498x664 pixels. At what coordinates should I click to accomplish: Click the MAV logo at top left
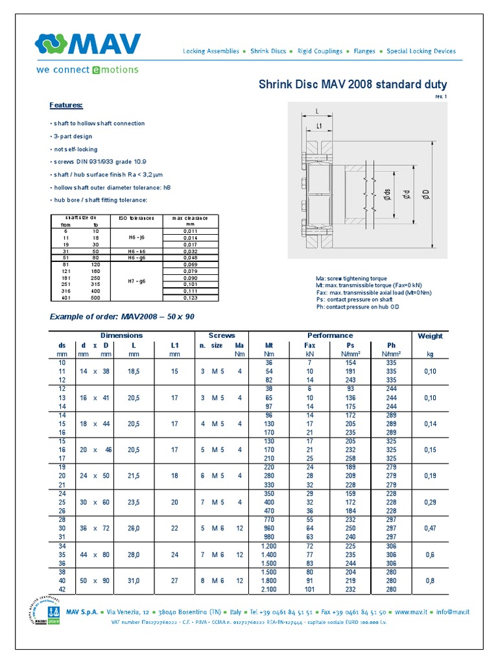click(x=88, y=45)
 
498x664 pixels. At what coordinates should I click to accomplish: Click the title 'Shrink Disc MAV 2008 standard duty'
click(x=353, y=85)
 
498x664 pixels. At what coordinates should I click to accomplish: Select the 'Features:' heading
click(x=66, y=105)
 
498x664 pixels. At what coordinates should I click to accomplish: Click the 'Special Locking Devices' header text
click(x=421, y=51)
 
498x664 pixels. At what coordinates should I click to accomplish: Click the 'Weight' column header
click(x=430, y=336)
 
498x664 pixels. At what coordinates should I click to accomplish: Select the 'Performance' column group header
click(x=330, y=335)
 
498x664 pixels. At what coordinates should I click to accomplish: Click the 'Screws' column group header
click(x=221, y=335)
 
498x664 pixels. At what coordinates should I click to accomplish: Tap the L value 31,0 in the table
click(x=134, y=581)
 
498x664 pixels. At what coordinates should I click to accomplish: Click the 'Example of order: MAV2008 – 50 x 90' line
click(x=122, y=316)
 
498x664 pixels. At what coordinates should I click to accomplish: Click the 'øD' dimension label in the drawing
click(x=427, y=193)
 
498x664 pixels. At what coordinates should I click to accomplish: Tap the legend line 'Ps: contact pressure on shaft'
click(x=354, y=300)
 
